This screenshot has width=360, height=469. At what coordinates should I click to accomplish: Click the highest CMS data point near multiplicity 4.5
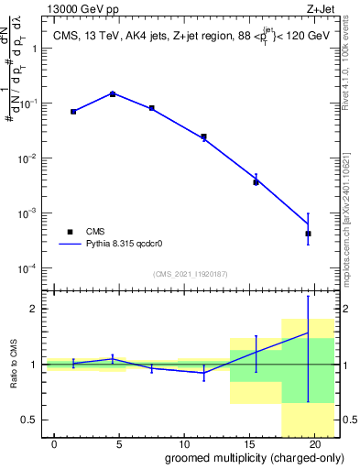(113, 93)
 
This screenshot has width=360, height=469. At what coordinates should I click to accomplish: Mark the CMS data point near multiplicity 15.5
(256, 182)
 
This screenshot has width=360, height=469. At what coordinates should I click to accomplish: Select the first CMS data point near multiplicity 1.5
(73, 111)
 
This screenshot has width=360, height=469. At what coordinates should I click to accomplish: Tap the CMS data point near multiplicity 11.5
(203, 136)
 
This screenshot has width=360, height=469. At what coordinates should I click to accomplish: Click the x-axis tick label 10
(184, 444)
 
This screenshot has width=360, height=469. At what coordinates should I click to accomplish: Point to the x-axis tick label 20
(314, 444)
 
